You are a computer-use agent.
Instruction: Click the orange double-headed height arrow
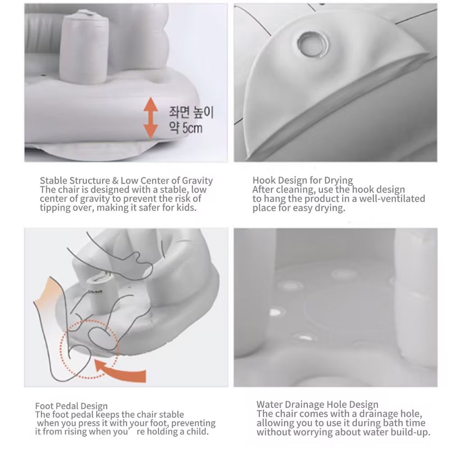[150, 118]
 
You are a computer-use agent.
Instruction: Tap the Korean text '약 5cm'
[185, 128]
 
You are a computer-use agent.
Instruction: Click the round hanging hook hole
[312, 45]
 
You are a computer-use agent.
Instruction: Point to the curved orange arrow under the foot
[120, 371]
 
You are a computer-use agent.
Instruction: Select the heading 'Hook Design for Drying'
[303, 180]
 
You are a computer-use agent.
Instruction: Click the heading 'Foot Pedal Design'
[72, 406]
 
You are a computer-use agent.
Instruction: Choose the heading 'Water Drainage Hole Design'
[317, 405]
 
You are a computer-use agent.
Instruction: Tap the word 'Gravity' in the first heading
[197, 181]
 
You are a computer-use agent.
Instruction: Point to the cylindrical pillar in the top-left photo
[84, 47]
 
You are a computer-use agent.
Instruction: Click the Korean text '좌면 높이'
[191, 112]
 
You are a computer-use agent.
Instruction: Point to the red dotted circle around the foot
[90, 349]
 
